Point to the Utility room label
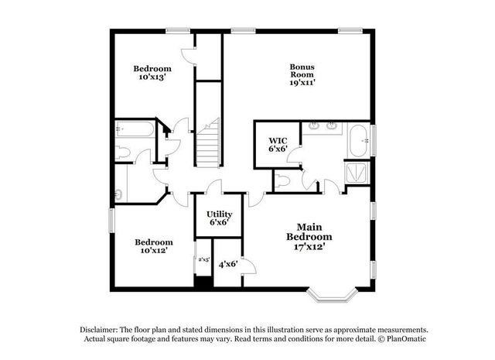tap(219, 213)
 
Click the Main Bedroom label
tap(309, 231)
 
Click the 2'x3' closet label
tap(203, 259)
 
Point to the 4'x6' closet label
tap(227, 265)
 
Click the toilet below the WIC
tap(282, 181)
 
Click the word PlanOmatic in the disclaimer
tap(404, 339)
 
